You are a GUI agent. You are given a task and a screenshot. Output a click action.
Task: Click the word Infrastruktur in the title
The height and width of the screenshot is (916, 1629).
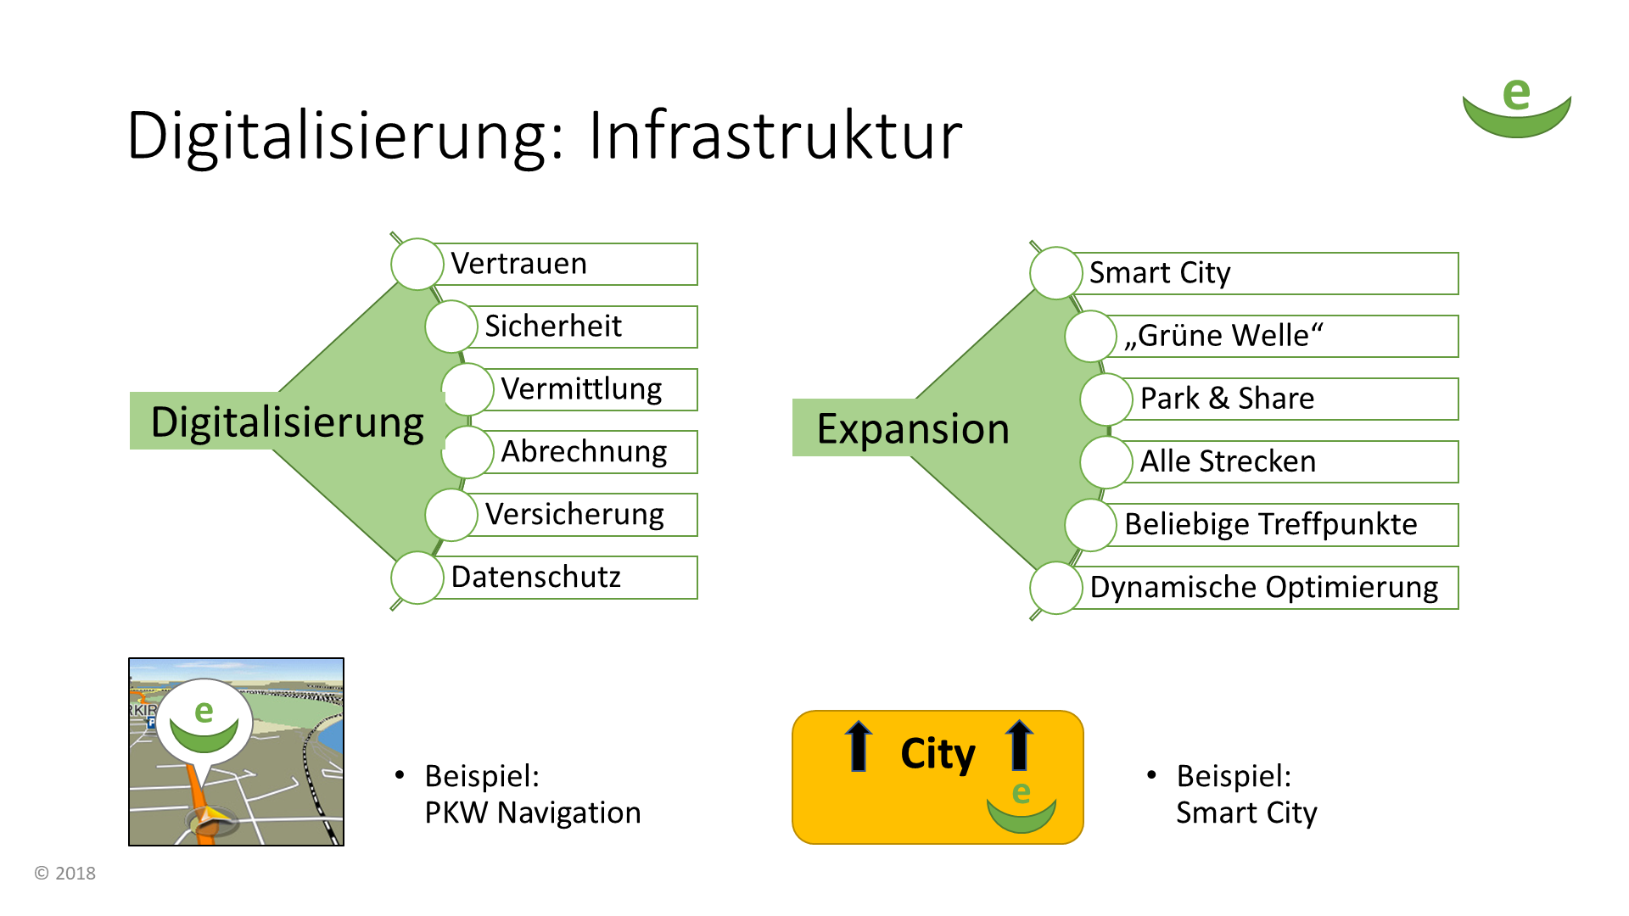(775, 136)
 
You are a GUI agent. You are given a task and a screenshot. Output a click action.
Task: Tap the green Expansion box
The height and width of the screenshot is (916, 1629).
(913, 427)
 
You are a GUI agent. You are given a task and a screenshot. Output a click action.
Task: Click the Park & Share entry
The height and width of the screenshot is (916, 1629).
(1290, 399)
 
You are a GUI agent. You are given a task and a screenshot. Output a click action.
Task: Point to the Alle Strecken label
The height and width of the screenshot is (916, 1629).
(1290, 461)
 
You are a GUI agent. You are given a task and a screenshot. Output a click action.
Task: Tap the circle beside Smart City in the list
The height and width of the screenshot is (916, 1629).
(1055, 273)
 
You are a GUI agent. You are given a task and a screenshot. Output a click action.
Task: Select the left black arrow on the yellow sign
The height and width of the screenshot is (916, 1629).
(859, 746)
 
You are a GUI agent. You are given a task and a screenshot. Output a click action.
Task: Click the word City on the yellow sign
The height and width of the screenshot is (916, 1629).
(938, 754)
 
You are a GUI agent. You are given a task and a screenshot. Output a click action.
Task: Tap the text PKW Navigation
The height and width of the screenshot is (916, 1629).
(533, 813)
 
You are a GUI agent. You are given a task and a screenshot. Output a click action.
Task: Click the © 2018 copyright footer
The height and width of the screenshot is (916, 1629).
(65, 873)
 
